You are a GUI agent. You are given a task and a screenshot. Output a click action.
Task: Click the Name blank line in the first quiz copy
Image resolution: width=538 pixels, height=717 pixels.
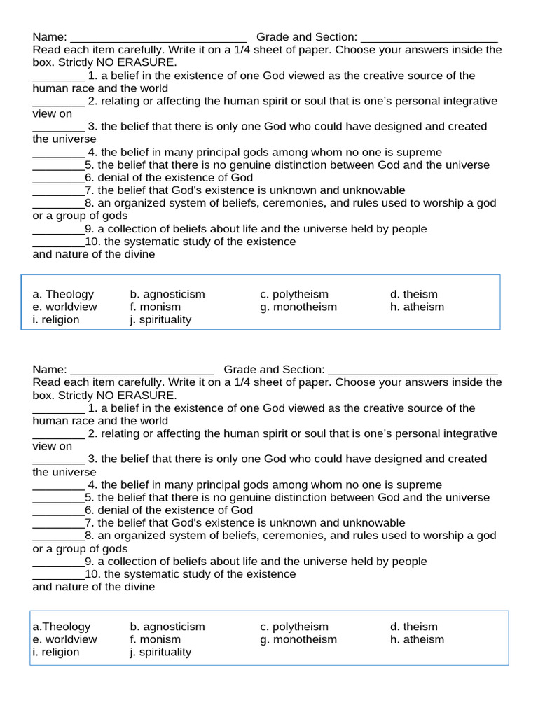158,38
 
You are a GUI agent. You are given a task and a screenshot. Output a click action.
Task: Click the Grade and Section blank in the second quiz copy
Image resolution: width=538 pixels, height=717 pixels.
413,370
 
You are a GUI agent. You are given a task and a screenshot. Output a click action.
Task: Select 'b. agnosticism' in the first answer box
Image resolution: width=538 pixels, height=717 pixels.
167,294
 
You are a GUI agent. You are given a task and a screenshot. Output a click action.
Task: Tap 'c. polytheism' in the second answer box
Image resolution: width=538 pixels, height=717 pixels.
294,627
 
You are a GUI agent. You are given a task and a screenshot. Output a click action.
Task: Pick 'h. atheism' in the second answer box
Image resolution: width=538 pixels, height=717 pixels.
417,639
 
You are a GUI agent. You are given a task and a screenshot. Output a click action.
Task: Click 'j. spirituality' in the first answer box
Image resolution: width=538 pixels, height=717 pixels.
160,319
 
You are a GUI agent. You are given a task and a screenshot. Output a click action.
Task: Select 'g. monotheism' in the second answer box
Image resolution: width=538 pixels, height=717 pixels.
298,639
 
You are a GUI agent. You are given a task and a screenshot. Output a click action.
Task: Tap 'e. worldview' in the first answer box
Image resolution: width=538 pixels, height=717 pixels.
64,307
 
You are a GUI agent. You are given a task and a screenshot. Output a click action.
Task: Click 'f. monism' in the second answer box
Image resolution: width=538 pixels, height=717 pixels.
155,639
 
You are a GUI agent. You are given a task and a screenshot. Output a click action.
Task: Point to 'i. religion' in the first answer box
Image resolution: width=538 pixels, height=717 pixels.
56,319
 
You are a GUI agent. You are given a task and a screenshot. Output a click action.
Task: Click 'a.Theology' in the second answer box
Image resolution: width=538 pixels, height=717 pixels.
61,627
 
